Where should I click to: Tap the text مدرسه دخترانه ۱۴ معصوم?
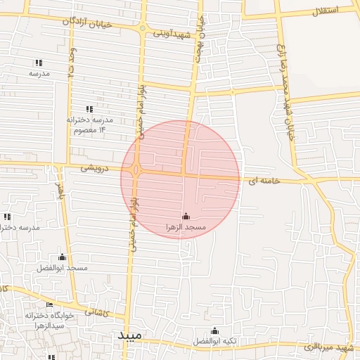[89, 125]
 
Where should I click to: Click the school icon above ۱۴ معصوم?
[89, 109]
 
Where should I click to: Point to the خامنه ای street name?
[264, 181]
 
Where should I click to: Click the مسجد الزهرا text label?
[186, 228]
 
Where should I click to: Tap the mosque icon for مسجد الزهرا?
[186, 216]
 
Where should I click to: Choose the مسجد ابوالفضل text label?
[63, 269]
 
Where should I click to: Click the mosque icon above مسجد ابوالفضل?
[63, 257]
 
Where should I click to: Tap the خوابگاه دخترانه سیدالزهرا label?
[45, 321]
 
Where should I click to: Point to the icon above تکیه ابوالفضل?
[215, 331]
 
